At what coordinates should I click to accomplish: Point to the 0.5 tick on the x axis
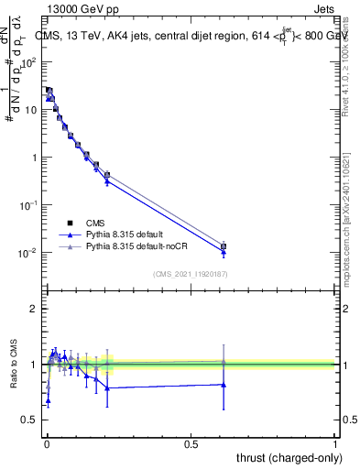pyautogui.click(x=191, y=443)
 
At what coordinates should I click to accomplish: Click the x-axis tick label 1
pyautogui.click(x=335, y=443)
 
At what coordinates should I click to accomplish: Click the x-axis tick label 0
pyautogui.click(x=47, y=443)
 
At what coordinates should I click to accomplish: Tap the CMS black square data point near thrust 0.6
pyautogui.click(x=224, y=246)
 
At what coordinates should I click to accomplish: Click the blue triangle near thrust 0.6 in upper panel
pyautogui.click(x=224, y=252)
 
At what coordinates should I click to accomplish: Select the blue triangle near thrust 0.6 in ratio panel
pyautogui.click(x=224, y=385)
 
